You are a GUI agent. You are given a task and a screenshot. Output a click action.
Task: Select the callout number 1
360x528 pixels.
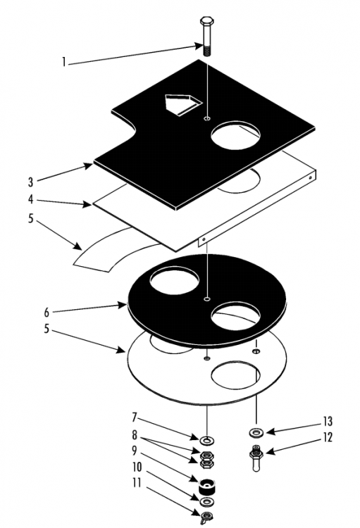(63, 62)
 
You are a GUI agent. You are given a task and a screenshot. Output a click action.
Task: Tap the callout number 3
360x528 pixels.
(31, 182)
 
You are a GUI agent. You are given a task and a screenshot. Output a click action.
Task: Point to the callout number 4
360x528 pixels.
(31, 199)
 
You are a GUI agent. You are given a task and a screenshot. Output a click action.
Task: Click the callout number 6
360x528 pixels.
(46, 313)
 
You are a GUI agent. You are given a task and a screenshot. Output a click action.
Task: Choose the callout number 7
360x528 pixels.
(134, 418)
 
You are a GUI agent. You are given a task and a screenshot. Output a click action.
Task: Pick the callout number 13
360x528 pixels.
(328, 421)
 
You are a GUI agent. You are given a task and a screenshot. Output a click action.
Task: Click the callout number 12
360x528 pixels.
(328, 437)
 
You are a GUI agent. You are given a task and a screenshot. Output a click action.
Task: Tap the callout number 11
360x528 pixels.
(137, 483)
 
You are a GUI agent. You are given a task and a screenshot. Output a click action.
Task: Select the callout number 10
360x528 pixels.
(137, 467)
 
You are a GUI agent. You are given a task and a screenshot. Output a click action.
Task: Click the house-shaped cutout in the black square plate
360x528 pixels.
(183, 105)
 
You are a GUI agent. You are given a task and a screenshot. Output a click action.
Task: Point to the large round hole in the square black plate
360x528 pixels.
(235, 134)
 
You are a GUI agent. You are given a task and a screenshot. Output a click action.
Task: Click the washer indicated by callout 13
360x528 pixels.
(257, 432)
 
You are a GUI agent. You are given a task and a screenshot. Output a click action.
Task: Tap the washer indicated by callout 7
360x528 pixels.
(207, 440)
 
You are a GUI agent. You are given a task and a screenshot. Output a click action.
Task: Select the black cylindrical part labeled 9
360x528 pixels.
(208, 486)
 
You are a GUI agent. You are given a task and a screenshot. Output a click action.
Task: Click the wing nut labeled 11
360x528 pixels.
(206, 516)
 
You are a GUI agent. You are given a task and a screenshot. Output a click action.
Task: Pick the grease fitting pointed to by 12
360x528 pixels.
(256, 458)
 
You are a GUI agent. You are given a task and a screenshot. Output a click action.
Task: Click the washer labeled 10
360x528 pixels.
(207, 501)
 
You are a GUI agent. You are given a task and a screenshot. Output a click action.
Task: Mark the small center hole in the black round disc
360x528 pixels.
(207, 298)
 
